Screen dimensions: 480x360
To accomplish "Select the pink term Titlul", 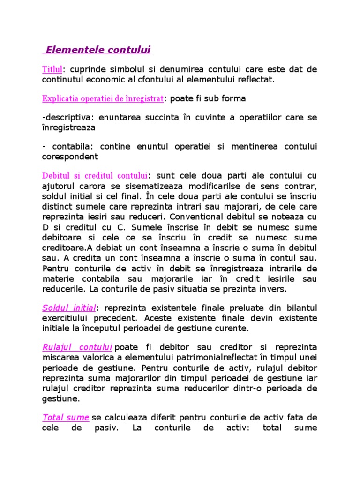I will tap(52, 69).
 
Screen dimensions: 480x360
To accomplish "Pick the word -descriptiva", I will tap(66, 117).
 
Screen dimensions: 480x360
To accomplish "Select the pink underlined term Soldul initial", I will tap(69, 308).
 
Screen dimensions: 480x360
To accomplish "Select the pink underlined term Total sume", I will tap(66, 417).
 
